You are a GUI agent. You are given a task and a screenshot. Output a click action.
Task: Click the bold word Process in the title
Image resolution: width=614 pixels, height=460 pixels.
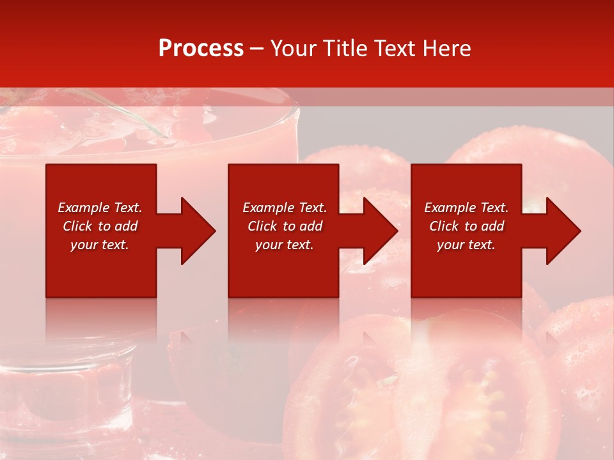(201, 49)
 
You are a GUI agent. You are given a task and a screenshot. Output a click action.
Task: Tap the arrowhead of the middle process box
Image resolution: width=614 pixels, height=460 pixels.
(380, 231)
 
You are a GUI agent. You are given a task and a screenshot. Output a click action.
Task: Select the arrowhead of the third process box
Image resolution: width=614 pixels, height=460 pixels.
(563, 231)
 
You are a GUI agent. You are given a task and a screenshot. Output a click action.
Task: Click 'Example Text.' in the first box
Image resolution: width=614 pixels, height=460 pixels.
(100, 208)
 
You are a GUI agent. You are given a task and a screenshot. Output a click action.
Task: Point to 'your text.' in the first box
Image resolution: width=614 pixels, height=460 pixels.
(100, 245)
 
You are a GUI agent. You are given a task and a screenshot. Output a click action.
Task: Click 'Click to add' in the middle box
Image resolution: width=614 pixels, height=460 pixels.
(285, 226)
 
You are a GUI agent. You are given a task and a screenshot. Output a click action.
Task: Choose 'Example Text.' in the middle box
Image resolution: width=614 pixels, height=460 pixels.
(285, 208)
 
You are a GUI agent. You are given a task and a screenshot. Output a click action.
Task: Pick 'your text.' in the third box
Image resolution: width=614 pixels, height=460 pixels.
(466, 245)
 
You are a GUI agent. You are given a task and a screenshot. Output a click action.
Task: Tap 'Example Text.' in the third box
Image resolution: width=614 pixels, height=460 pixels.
(466, 208)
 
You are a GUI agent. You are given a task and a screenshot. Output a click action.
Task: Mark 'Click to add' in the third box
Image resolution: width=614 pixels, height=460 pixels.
(466, 226)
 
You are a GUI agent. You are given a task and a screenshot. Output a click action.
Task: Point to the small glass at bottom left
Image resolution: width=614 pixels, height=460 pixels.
(64, 390)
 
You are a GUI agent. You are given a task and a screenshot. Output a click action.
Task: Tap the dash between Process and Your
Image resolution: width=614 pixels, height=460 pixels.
(257, 49)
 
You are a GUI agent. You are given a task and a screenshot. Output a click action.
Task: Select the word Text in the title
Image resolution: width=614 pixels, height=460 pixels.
(393, 49)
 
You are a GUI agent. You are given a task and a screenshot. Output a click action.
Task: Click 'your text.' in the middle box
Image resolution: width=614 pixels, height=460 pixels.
(285, 245)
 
